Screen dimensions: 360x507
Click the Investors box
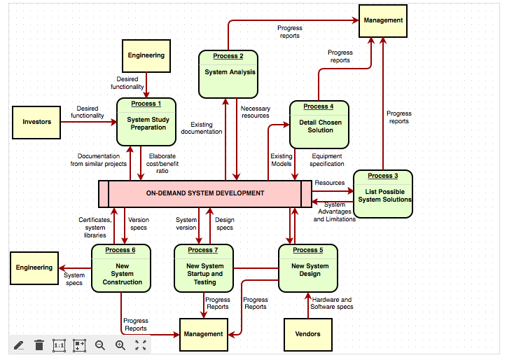tap(36, 122)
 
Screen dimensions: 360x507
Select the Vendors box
tap(307, 334)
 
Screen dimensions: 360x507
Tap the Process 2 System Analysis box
tap(228, 74)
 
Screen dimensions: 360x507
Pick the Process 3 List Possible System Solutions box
tap(382, 194)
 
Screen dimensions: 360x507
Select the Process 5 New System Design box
tap(308, 269)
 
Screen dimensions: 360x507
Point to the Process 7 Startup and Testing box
tap(204, 269)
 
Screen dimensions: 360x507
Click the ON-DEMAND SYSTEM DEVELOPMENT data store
tap(204, 193)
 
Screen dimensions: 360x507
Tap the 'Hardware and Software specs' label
tap(331, 303)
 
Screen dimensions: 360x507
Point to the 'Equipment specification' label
tap(327, 160)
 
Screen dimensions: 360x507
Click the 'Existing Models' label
tap(282, 160)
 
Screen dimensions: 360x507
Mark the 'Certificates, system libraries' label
tap(95, 228)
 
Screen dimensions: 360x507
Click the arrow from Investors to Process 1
tap(88, 122)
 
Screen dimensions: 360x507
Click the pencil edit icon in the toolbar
tap(19, 345)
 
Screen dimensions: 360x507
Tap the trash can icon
tap(39, 345)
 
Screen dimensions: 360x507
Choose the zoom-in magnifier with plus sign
tap(120, 345)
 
